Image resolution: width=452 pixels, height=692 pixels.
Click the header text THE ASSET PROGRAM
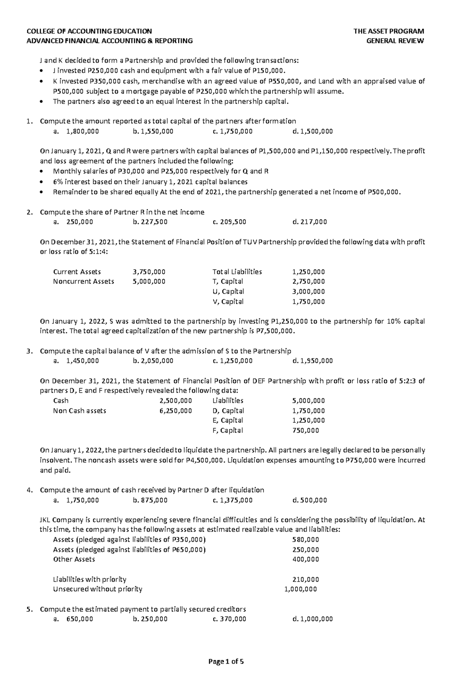coord(389,31)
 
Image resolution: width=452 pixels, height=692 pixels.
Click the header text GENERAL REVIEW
coord(395,41)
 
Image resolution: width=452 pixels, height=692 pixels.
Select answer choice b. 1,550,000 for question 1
coord(153,131)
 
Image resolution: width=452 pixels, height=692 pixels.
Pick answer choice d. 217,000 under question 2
coord(309,222)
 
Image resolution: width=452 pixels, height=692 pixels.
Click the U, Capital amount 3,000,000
coord(308,292)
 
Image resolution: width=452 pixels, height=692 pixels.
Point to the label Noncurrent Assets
coord(84,281)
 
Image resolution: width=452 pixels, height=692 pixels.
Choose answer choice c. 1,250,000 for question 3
coord(232,361)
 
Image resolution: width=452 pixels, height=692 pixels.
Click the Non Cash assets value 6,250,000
coord(176,411)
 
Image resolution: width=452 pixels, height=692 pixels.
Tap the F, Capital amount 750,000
coord(305,430)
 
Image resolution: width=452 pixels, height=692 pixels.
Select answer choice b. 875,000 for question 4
coord(150,500)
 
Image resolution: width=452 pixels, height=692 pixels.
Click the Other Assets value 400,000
coord(305,559)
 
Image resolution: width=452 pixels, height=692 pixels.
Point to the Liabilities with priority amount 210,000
coord(305,579)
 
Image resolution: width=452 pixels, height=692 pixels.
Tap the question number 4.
coord(29,490)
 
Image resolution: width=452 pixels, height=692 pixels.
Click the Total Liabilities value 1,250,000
coord(308,272)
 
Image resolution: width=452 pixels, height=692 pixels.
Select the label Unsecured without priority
coord(98,589)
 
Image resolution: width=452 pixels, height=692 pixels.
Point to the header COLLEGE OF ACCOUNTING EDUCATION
coord(89,31)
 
